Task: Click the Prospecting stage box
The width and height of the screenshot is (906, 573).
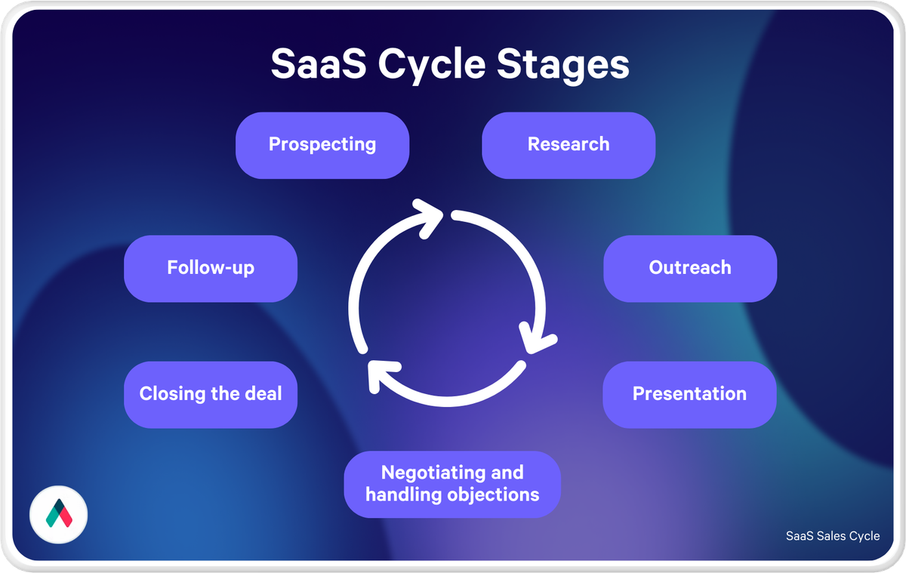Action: coord(322,145)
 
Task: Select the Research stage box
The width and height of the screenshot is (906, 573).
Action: coord(569,145)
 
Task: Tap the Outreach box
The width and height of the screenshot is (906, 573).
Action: coord(689,268)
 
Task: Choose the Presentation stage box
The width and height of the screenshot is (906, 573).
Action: coord(689,394)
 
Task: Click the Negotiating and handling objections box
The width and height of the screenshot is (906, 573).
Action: coord(452,484)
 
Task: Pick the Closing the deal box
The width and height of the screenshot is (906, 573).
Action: coord(211,394)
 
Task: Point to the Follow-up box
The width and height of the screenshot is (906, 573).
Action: coord(211,268)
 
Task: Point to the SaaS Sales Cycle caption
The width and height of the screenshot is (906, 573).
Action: coord(832,536)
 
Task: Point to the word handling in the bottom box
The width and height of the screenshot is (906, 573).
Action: coord(398,495)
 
